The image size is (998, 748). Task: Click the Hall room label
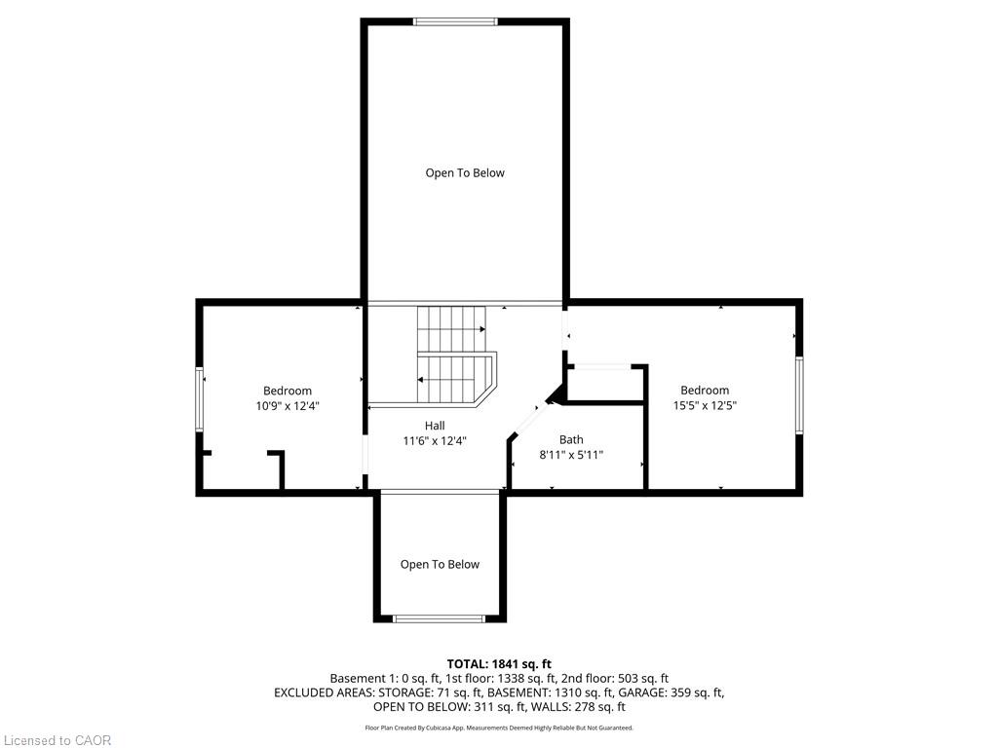(435, 426)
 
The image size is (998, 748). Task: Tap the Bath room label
(571, 439)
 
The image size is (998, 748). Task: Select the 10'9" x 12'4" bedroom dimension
(288, 406)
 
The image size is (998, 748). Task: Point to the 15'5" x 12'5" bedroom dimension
(705, 405)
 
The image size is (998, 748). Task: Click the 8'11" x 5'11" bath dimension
(571, 455)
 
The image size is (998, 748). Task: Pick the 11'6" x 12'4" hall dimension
(435, 441)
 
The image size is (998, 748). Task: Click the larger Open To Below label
(465, 173)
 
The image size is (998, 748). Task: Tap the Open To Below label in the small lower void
(440, 565)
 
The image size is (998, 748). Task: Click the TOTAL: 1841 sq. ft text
(499, 664)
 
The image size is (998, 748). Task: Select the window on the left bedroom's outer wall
(199, 399)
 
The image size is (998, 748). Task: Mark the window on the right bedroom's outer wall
(799, 395)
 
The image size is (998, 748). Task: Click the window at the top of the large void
(455, 21)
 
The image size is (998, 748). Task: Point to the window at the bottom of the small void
(440, 618)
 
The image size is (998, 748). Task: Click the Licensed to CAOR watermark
(58, 740)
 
